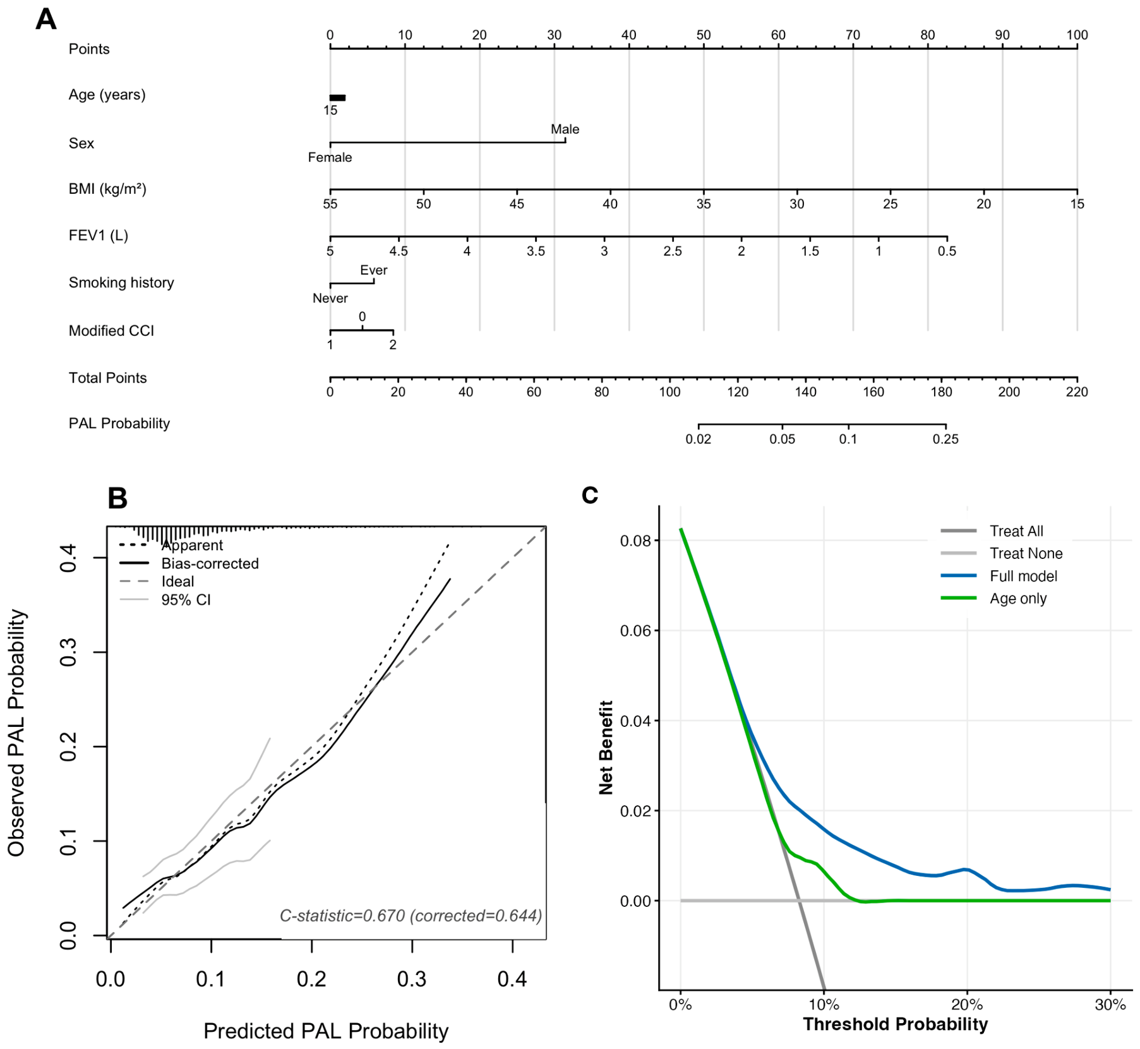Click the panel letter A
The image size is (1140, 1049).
[46, 20]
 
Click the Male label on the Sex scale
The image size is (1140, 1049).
[565, 129]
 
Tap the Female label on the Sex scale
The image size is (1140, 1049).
[330, 157]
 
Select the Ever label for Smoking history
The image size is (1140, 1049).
[374, 270]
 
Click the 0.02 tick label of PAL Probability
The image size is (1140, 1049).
[699, 439]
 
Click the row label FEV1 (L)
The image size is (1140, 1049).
[99, 236]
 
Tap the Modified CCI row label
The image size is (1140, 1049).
[111, 331]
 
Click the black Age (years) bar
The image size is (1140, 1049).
[337, 98]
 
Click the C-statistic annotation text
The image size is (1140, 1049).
[411, 916]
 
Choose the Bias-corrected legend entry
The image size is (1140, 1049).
[189, 563]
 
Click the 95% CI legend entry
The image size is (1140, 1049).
[165, 599]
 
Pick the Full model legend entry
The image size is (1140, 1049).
[999, 576]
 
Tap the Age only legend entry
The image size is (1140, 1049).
[994, 598]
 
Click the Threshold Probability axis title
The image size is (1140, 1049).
[895, 1024]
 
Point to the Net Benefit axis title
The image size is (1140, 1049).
[606, 748]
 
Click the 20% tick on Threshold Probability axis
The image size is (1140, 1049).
[967, 1004]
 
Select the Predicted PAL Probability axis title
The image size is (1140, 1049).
[326, 1031]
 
